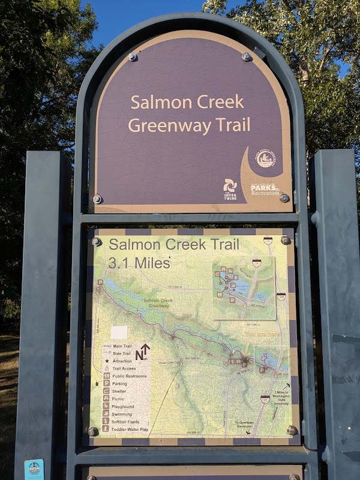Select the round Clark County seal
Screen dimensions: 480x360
[266, 158]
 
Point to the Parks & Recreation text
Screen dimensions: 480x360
[265, 190]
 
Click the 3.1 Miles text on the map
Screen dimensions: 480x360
[139, 262]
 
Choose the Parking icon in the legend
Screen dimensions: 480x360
[107, 383]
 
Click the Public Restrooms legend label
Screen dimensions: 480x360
[128, 376]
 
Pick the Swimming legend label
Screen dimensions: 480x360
[122, 413]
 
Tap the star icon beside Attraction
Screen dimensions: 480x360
[107, 361]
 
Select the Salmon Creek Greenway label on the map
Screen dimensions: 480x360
[159, 303]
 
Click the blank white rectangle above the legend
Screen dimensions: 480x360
[119, 332]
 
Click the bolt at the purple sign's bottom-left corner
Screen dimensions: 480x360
[97, 199]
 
